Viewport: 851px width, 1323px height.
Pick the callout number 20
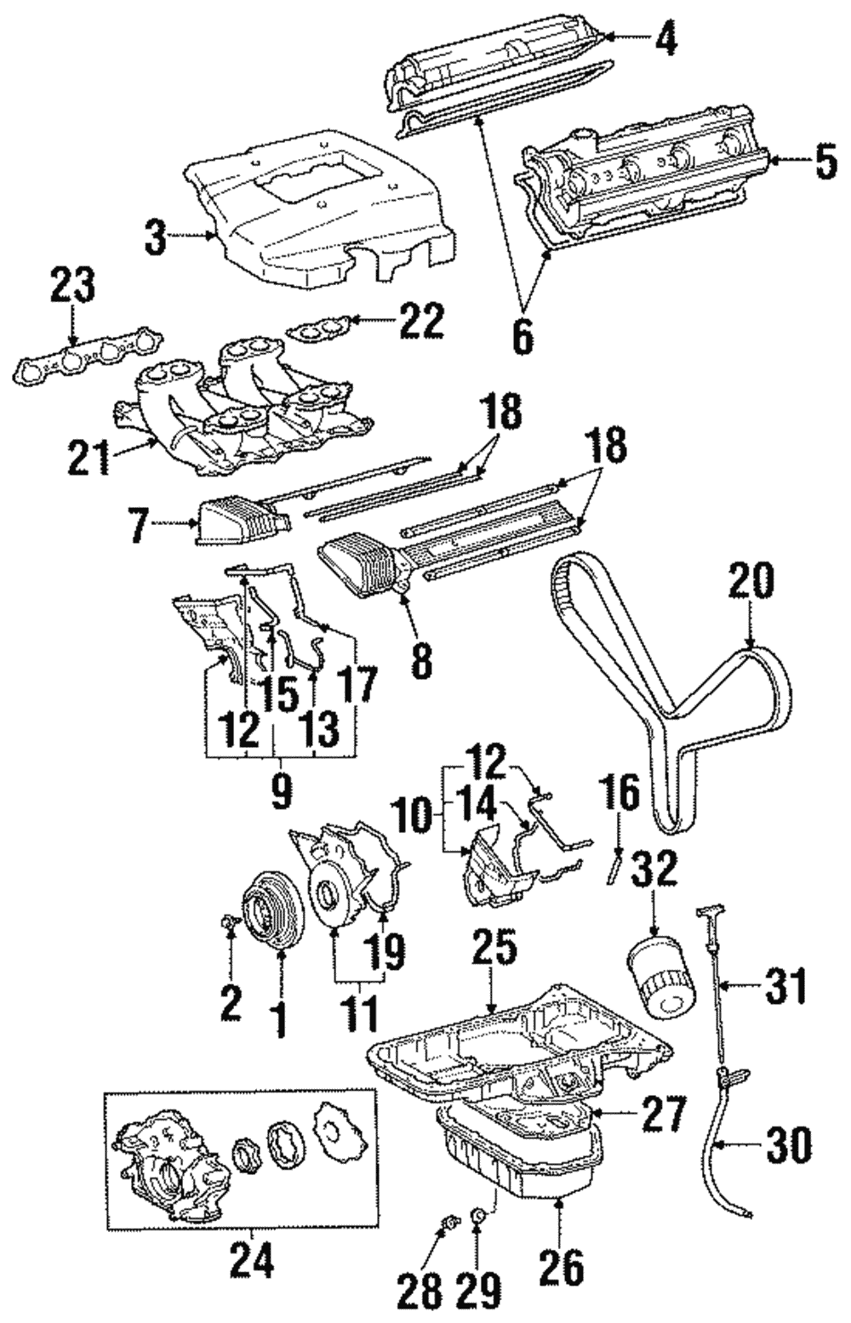point(752,581)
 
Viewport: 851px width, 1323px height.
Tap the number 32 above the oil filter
point(655,870)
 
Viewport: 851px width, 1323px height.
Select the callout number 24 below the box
point(253,1260)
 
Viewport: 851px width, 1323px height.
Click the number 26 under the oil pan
point(562,1268)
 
